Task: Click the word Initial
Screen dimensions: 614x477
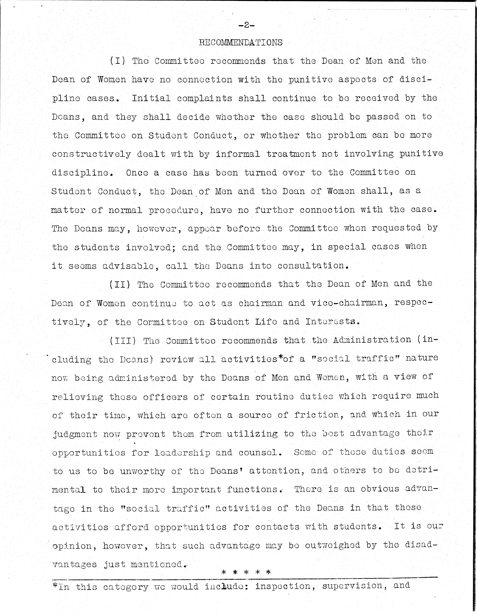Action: [151, 98]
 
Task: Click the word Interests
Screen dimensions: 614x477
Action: [333, 322]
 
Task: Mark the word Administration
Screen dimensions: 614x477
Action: [372, 340]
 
